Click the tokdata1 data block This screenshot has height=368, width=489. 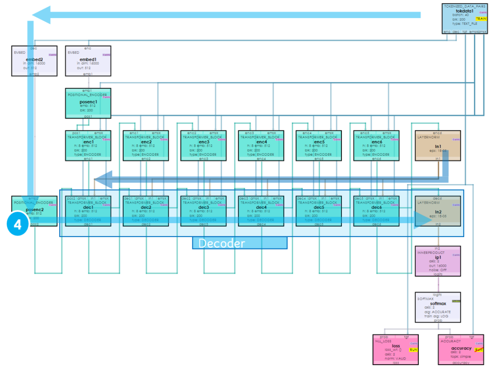[x=465, y=18]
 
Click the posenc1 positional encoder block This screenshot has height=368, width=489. [x=88, y=103]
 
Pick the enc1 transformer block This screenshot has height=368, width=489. [x=88, y=146]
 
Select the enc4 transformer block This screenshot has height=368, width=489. [x=261, y=146]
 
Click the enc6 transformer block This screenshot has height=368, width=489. [x=377, y=146]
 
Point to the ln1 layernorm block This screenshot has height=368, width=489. [x=438, y=146]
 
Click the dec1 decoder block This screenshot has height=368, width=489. [x=88, y=211]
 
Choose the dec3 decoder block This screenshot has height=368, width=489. [x=203, y=211]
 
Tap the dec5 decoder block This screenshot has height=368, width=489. [x=319, y=211]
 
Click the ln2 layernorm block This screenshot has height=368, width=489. [x=438, y=211]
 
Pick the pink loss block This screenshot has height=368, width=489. [x=395, y=349]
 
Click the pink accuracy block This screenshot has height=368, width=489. [x=461, y=349]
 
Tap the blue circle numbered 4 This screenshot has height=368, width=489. [x=18, y=225]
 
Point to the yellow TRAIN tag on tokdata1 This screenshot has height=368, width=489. [x=480, y=19]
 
